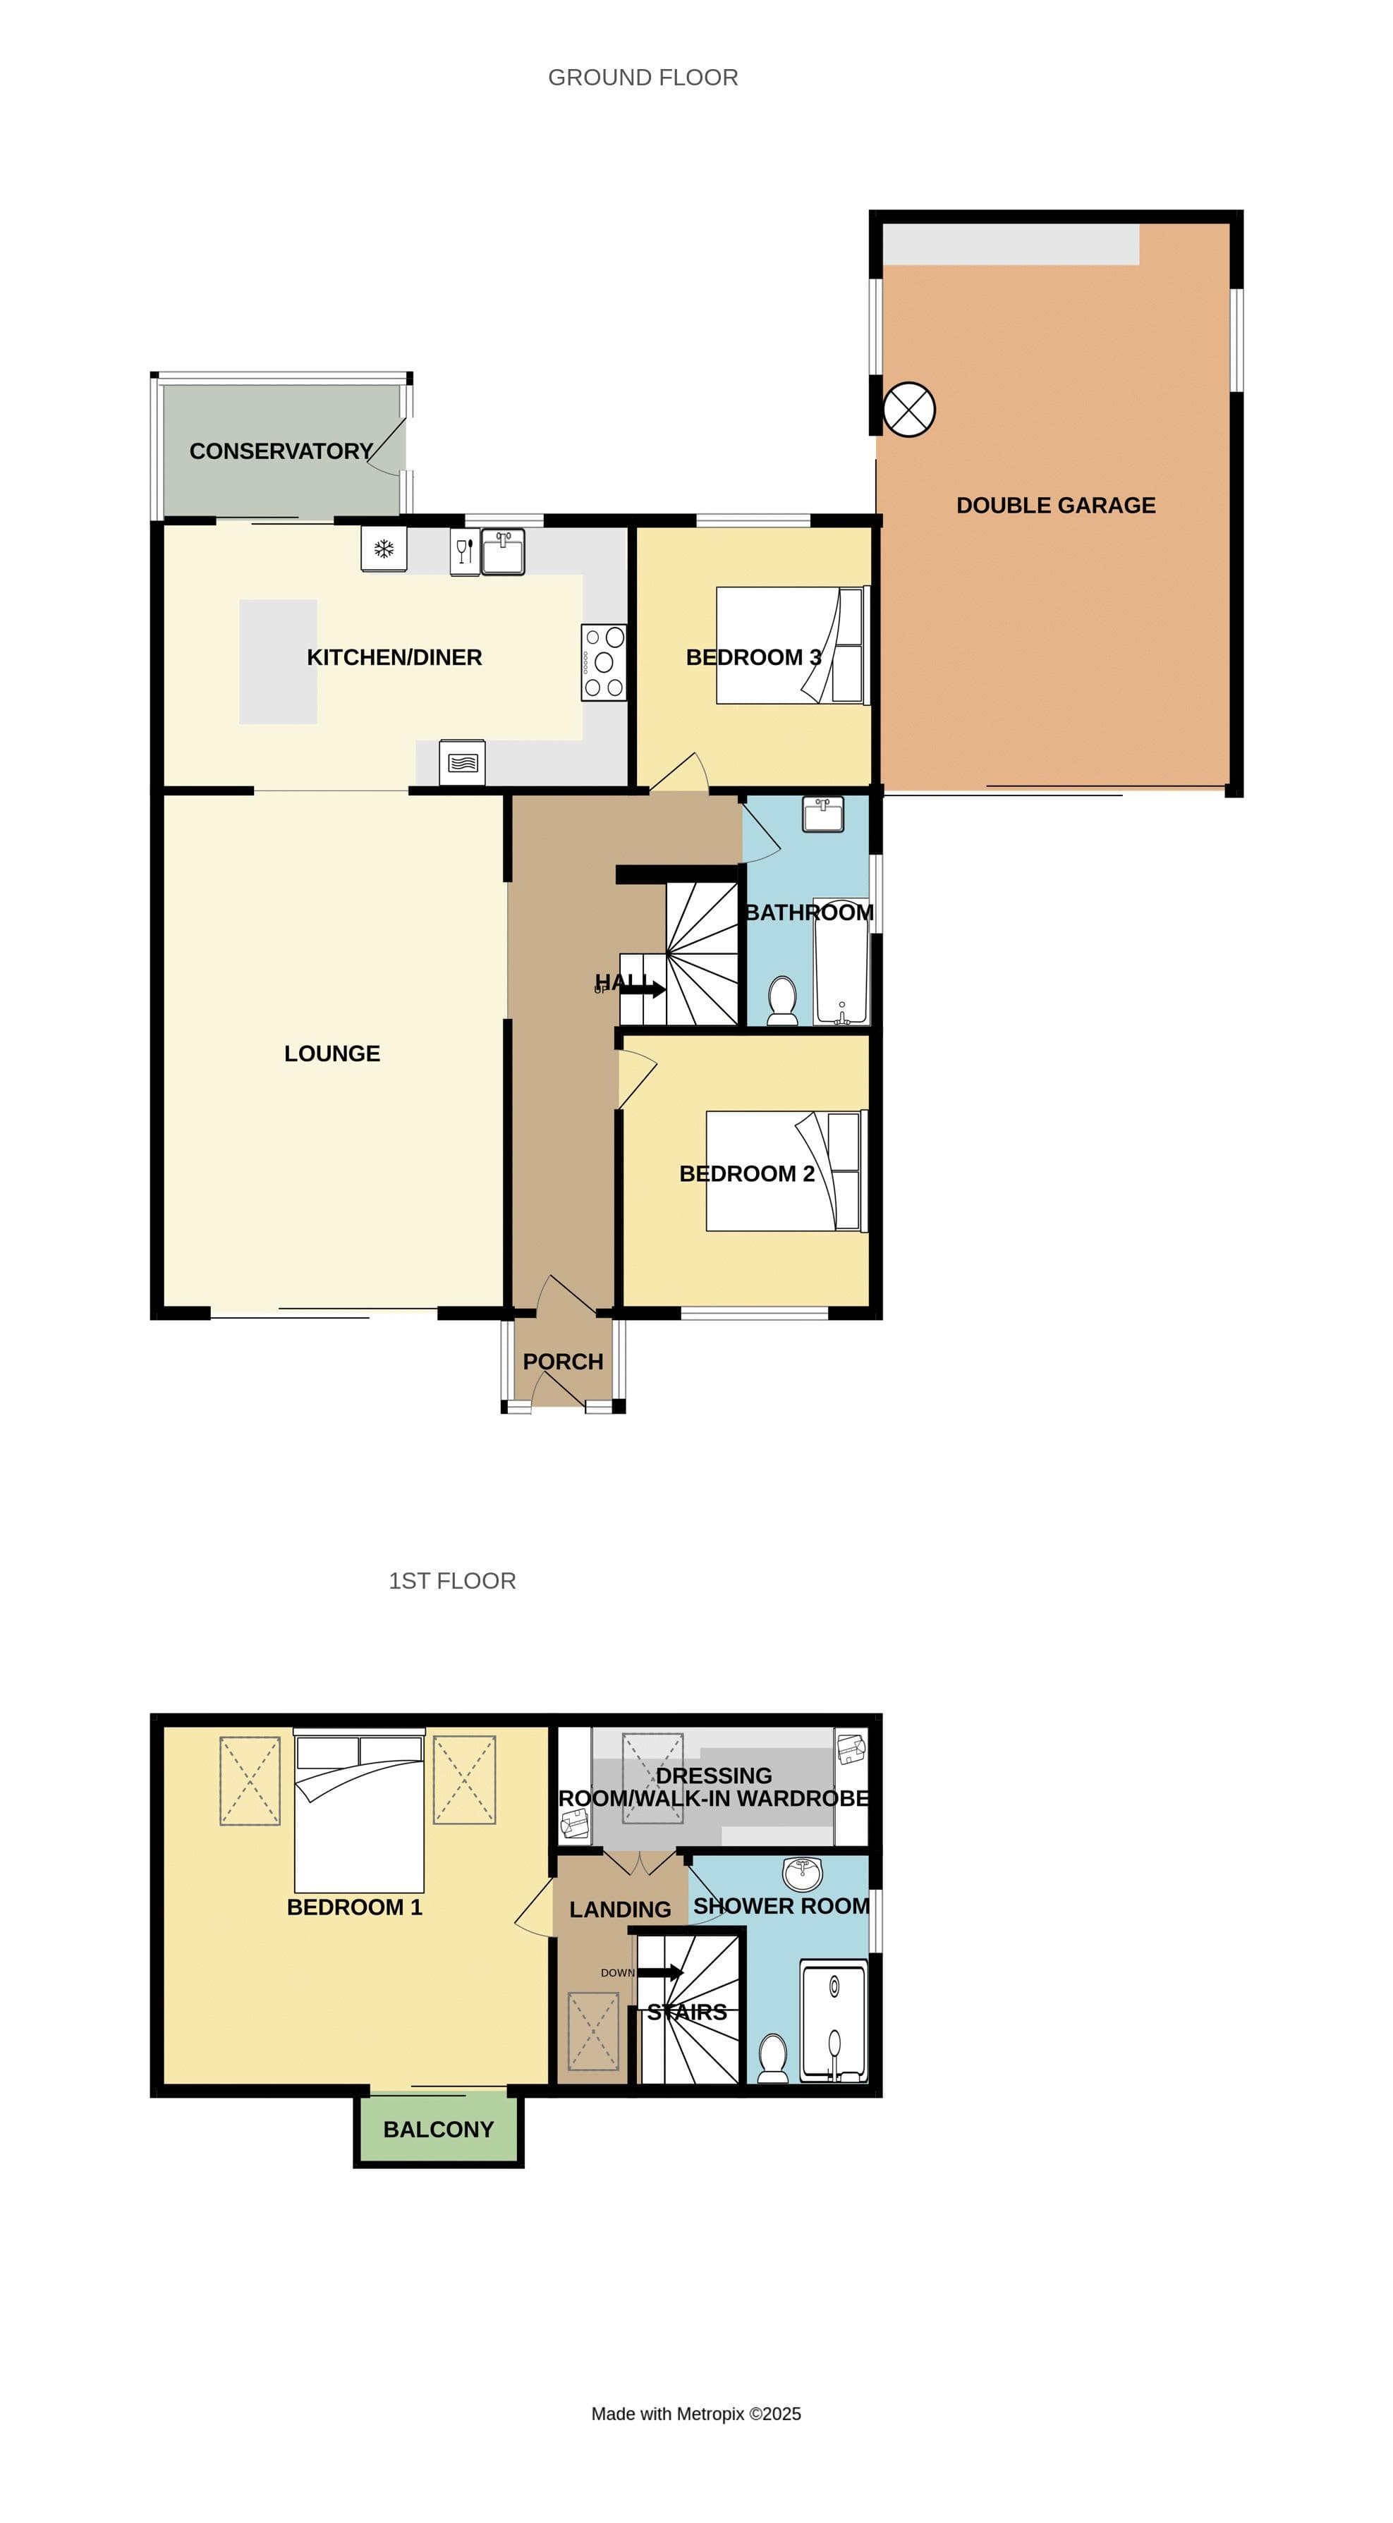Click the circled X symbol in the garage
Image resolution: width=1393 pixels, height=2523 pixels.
[908, 410]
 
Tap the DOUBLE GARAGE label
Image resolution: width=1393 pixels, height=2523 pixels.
[1055, 506]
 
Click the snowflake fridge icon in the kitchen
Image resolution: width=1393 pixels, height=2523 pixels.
[383, 549]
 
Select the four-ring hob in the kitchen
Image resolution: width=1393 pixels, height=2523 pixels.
[604, 662]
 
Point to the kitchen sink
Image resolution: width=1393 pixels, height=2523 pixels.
[502, 551]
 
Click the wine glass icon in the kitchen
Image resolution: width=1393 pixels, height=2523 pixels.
[464, 551]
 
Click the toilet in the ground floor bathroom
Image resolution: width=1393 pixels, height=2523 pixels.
[781, 1000]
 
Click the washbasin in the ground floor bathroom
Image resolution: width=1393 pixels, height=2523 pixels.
[823, 814]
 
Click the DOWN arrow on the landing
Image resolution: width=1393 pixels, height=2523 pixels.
[660, 1972]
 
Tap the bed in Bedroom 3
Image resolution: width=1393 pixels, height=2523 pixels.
[791, 645]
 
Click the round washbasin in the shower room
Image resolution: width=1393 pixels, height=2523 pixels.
[803, 1873]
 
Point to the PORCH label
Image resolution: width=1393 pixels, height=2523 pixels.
[562, 1362]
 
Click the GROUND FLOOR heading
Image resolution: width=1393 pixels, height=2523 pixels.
[643, 78]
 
